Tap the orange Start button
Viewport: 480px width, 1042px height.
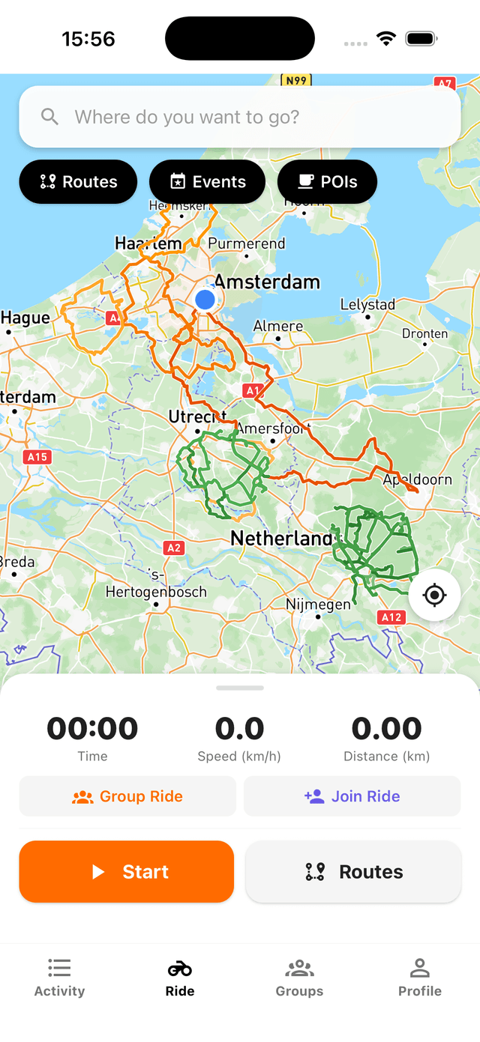127,871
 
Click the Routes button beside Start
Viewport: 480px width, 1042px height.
353,871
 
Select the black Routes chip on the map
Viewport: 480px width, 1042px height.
78,182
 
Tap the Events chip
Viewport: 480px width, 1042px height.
208,182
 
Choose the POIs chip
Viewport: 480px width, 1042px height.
327,182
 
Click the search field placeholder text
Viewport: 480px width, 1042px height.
187,117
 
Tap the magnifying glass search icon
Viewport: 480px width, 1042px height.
49,117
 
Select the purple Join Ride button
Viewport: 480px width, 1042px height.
352,796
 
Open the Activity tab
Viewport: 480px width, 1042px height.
59,978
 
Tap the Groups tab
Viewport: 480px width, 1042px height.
299,978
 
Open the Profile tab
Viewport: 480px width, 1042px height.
419,978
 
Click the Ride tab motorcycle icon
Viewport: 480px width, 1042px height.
180,969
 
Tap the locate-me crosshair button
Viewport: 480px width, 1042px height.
434,596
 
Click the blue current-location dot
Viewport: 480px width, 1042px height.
205,300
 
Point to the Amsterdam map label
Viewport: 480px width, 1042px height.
267,282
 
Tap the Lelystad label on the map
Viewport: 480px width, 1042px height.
367,305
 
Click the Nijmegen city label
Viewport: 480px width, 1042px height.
318,604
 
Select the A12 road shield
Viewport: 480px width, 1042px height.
391,618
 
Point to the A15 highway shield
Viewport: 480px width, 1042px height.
37,457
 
